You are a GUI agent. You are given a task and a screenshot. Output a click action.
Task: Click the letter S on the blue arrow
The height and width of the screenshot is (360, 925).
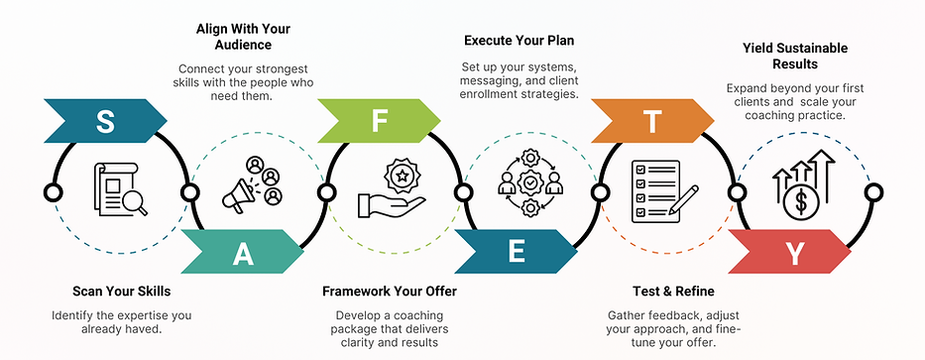pos(104,121)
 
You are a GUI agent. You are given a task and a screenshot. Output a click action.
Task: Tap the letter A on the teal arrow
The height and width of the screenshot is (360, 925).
pos(243,254)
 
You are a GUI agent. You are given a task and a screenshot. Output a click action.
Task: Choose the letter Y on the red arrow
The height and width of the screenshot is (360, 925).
pos(790,255)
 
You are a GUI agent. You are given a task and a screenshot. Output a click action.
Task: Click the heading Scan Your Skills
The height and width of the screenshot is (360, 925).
pos(122,292)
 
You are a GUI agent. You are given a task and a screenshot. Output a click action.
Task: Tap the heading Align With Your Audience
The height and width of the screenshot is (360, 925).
pos(245,37)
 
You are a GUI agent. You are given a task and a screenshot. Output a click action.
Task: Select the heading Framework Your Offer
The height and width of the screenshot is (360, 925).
pos(390,292)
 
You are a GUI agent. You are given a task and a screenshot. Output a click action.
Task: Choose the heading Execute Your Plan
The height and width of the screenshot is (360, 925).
pos(520,41)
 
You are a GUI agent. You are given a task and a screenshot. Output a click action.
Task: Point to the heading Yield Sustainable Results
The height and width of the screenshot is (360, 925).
pos(795,56)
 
